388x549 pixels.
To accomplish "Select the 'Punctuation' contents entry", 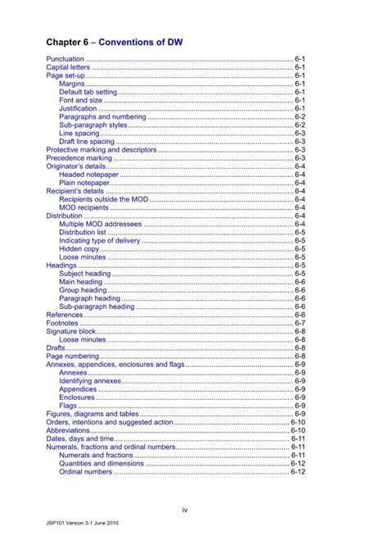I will click(65, 60).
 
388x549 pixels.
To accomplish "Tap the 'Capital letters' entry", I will click(68, 68).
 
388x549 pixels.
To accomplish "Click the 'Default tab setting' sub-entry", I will click(88, 92).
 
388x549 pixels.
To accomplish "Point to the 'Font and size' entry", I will click(80, 100).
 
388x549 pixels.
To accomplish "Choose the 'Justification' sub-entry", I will click(78, 108).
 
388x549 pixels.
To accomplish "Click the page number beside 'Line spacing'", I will click(300, 133).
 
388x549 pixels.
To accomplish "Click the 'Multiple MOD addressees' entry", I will click(100, 224).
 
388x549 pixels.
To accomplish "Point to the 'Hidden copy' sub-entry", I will click(79, 248).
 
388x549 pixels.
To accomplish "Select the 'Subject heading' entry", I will click(84, 274).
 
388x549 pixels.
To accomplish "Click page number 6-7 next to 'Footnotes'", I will click(300, 323).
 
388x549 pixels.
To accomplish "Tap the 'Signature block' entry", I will click(72, 331).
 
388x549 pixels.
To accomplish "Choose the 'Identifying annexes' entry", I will click(86, 381).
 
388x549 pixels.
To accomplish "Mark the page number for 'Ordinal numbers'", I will click(297, 472).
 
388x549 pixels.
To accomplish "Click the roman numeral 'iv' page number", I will click(186, 510).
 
